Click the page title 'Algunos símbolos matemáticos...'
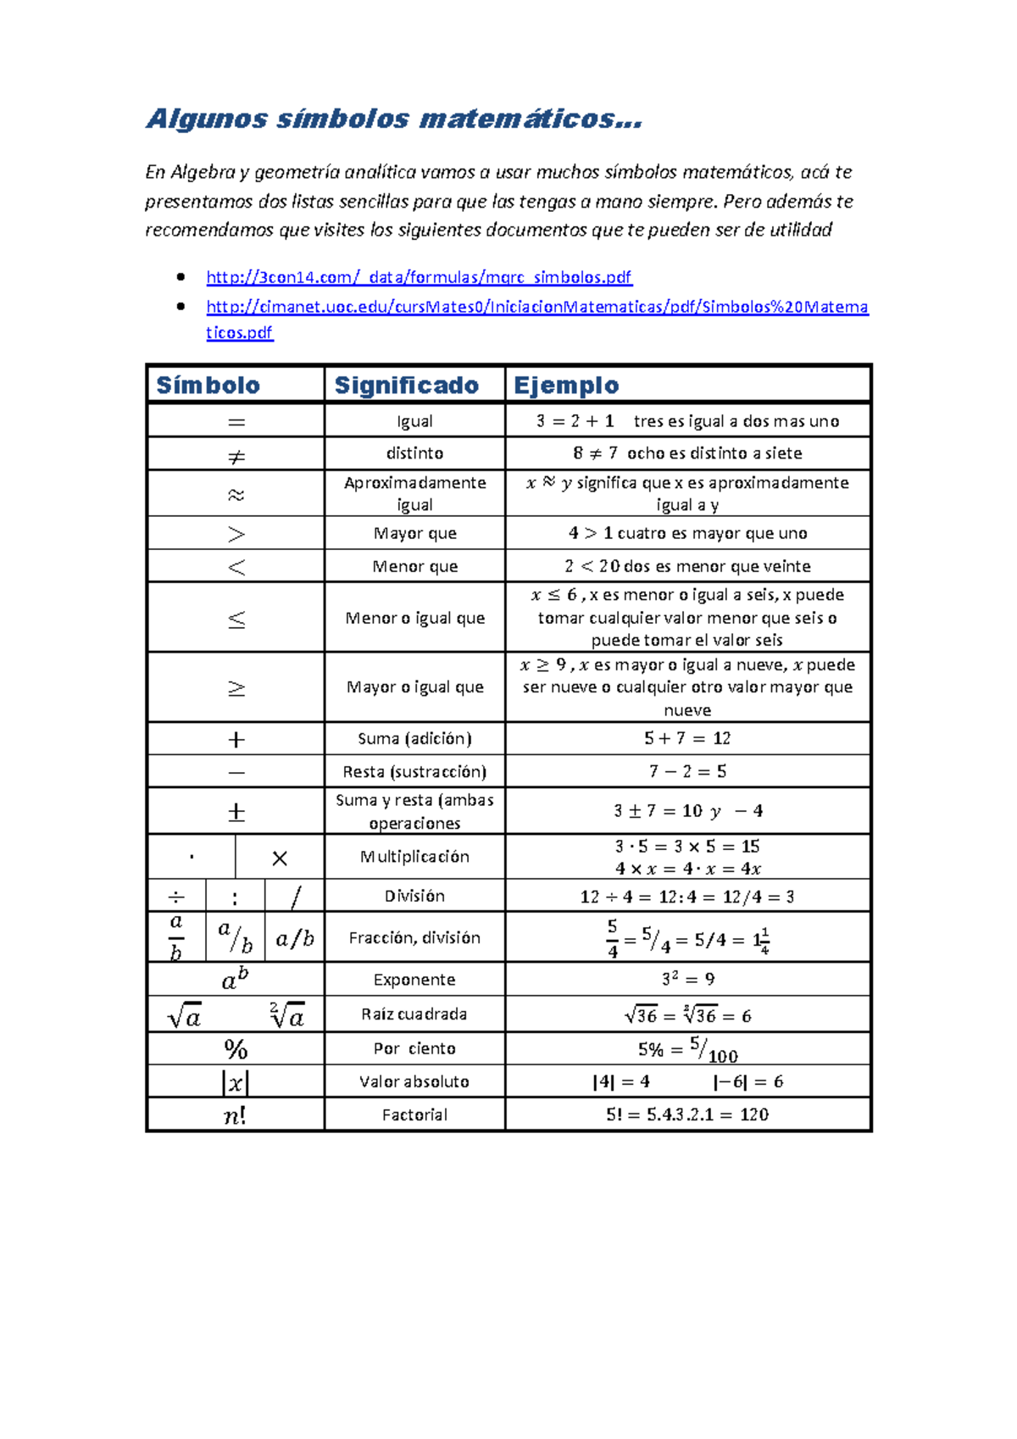pos(394,119)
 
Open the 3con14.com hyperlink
pos(419,277)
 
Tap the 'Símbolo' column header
pos(208,386)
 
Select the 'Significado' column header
pos(407,386)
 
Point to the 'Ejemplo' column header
pos(566,386)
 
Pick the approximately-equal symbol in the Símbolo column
pos(236,494)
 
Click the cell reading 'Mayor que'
pos(414,533)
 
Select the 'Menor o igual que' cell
pos(414,618)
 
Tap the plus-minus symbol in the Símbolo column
pos(236,812)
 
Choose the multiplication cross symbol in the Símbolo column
pos(280,858)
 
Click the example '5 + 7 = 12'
pos(687,738)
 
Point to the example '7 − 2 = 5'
pos(687,771)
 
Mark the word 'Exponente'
pos(414,980)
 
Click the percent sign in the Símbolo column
pos(236,1049)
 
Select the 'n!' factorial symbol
pos(236,1115)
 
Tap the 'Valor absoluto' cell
pos(414,1081)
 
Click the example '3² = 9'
pos(687,980)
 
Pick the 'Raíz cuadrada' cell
pos(414,1014)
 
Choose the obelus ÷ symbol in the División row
pos(176,897)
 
